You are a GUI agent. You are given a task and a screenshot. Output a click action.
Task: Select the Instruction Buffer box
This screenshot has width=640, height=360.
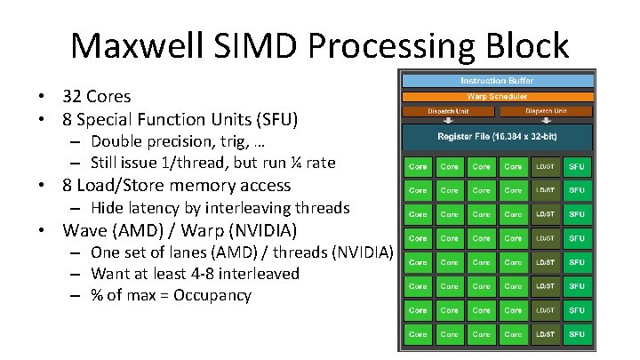pyautogui.click(x=496, y=81)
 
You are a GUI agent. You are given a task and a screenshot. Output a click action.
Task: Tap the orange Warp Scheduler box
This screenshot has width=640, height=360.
pyautogui.click(x=496, y=96)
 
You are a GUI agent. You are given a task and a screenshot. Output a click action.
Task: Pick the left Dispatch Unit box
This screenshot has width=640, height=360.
pyautogui.click(x=448, y=111)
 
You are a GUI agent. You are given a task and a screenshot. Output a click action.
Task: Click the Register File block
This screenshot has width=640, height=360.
pyautogui.click(x=496, y=137)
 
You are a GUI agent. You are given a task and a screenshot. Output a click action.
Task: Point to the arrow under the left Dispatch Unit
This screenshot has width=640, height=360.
pyautogui.click(x=448, y=121)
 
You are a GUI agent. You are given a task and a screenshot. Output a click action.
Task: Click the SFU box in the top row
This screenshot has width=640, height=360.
pyautogui.click(x=576, y=166)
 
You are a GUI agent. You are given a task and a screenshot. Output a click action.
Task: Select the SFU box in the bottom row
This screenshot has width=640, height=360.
pyautogui.click(x=576, y=334)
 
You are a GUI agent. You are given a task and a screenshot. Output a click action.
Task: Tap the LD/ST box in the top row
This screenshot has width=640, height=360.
pyautogui.click(x=545, y=166)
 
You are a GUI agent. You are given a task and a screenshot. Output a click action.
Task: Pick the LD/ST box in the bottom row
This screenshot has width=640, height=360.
pyautogui.click(x=545, y=334)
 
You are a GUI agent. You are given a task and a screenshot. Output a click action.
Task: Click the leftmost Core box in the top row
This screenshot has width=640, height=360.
pyautogui.click(x=418, y=166)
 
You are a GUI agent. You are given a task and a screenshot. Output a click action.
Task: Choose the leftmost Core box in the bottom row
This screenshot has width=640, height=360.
pyautogui.click(x=418, y=334)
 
